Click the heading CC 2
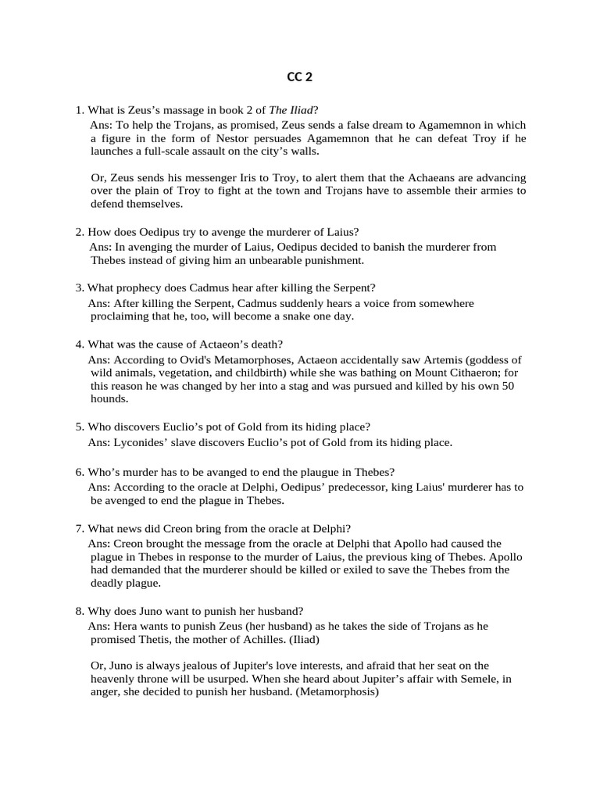pos(299,77)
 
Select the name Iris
pos(257,178)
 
